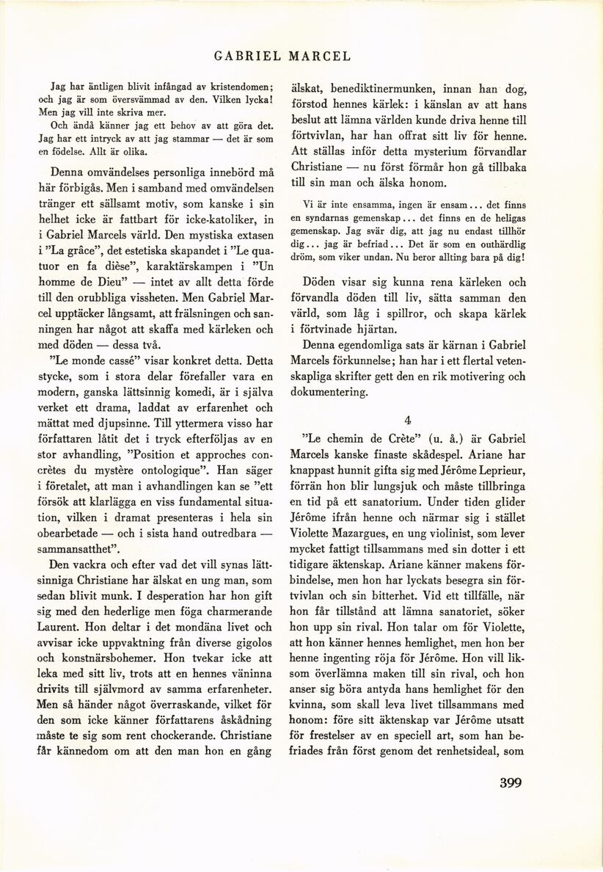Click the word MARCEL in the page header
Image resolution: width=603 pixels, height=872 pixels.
[x=320, y=56]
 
